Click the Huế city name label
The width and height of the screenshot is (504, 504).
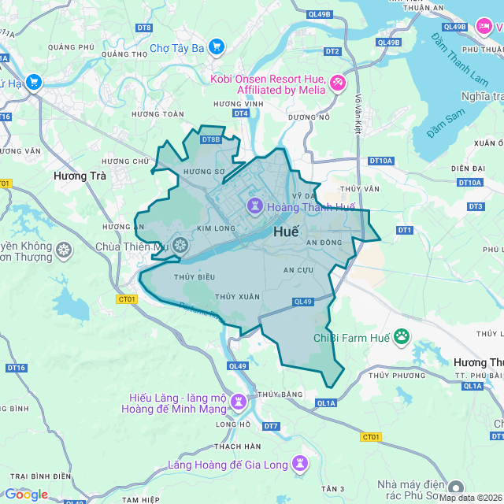tap(287, 233)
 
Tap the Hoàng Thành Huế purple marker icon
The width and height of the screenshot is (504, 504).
tap(255, 207)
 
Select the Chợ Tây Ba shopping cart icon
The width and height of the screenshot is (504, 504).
tap(217, 48)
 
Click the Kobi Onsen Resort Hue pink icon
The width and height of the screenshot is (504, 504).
tap(337, 83)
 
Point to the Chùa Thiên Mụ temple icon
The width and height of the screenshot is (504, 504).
tap(180, 246)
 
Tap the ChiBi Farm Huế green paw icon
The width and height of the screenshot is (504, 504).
tap(402, 337)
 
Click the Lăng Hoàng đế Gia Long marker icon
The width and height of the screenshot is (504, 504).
tap(299, 464)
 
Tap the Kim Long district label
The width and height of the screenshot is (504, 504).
tap(215, 228)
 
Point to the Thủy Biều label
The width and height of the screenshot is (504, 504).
tap(195, 277)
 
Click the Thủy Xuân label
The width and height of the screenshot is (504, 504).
tap(237, 296)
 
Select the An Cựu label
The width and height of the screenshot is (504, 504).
tap(298, 270)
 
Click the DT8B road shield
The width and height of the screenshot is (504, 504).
tap(210, 140)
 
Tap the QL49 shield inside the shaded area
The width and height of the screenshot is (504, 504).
tap(303, 302)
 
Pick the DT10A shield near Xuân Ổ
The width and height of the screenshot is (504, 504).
tap(469, 183)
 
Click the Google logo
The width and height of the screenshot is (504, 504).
tap(26, 494)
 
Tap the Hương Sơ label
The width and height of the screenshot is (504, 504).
tap(204, 171)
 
